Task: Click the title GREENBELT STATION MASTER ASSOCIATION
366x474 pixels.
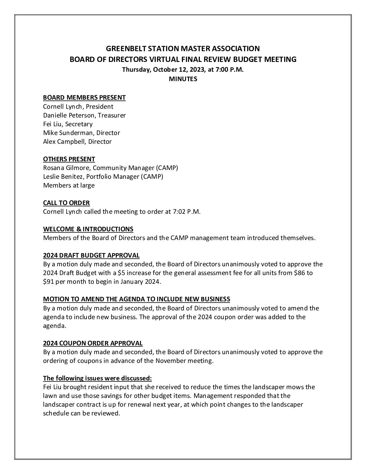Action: [x=183, y=48]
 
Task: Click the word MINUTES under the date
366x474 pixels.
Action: [x=183, y=79]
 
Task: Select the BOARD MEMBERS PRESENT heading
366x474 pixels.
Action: [x=84, y=98]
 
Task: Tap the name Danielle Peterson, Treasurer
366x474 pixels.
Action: [x=84, y=115]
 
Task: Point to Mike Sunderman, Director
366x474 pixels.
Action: [x=81, y=133]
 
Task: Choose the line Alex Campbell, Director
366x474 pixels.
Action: [x=77, y=141]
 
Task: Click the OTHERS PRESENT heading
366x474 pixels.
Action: [x=69, y=159]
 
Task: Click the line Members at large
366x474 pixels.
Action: [x=69, y=185]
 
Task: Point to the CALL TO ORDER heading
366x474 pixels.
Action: [x=66, y=203]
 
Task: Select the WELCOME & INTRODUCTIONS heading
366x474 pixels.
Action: [x=88, y=229]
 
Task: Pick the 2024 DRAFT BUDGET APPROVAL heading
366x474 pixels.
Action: [x=91, y=255]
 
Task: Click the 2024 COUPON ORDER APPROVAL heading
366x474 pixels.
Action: [x=93, y=343]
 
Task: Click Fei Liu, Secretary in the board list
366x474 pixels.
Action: [x=68, y=124]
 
